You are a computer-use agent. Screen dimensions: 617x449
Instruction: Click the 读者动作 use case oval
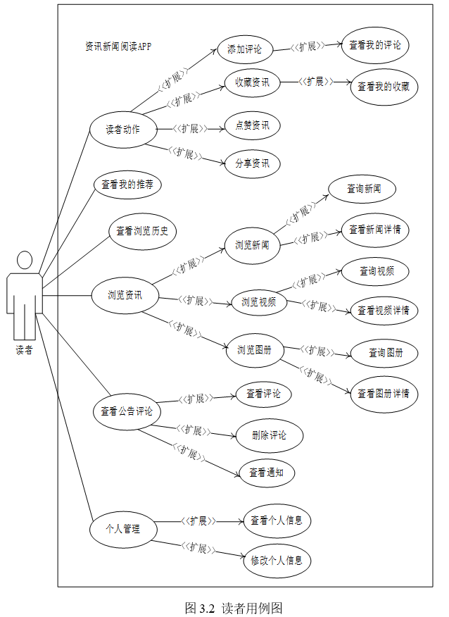tap(122, 130)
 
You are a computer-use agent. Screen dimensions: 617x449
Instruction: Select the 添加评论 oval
tap(244, 49)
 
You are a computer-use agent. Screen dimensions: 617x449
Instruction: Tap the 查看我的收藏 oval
tap(384, 87)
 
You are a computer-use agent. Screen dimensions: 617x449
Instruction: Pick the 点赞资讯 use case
tap(252, 126)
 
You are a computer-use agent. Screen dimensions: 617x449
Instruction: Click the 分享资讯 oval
tap(252, 164)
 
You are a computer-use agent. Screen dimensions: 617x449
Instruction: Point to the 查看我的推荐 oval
tap(127, 185)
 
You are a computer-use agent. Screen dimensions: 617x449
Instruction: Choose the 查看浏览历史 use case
tap(142, 230)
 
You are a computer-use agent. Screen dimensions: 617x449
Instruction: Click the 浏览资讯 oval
tap(125, 295)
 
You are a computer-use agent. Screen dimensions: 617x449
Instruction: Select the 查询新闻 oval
tap(363, 189)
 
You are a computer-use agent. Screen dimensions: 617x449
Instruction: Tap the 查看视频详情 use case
tap(384, 311)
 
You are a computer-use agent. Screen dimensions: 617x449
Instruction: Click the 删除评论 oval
tap(269, 435)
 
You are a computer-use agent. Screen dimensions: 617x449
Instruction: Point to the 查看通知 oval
tap(266, 473)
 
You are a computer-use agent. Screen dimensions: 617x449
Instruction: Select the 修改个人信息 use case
tap(277, 561)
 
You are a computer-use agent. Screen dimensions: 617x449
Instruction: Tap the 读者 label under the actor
tap(24, 350)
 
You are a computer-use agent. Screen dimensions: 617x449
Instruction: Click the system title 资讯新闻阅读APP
tap(118, 46)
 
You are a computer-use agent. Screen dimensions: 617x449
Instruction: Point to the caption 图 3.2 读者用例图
tap(233, 608)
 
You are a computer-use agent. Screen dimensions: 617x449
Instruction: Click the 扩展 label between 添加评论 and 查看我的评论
tap(308, 47)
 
